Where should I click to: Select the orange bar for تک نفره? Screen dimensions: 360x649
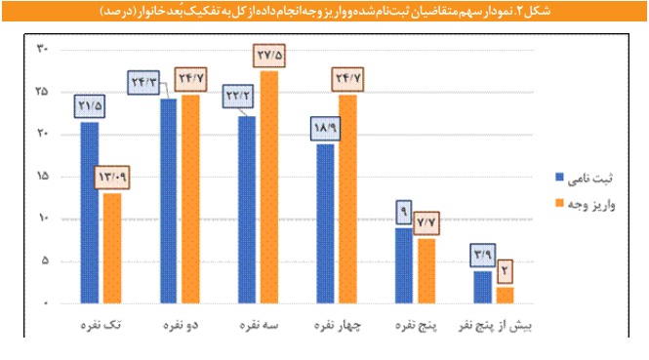112,248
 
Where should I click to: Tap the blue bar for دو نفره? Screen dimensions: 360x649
168,201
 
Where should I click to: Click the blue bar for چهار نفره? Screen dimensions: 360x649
325,223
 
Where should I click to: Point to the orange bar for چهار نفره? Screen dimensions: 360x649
347,199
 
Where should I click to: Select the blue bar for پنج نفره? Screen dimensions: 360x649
403,265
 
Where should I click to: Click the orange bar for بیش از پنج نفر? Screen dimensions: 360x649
505,295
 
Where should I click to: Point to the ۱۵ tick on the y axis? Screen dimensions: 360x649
42,176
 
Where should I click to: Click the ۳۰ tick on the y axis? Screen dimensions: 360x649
42,48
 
